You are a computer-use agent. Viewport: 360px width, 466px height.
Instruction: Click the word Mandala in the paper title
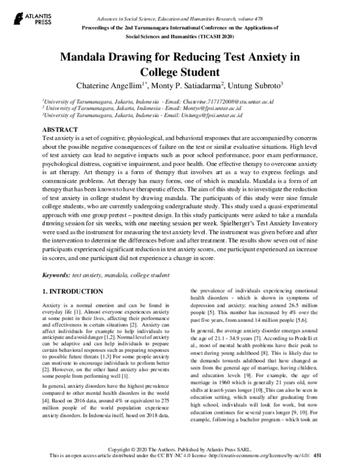coord(86,58)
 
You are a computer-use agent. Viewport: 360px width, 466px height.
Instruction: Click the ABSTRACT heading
coord(59,130)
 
